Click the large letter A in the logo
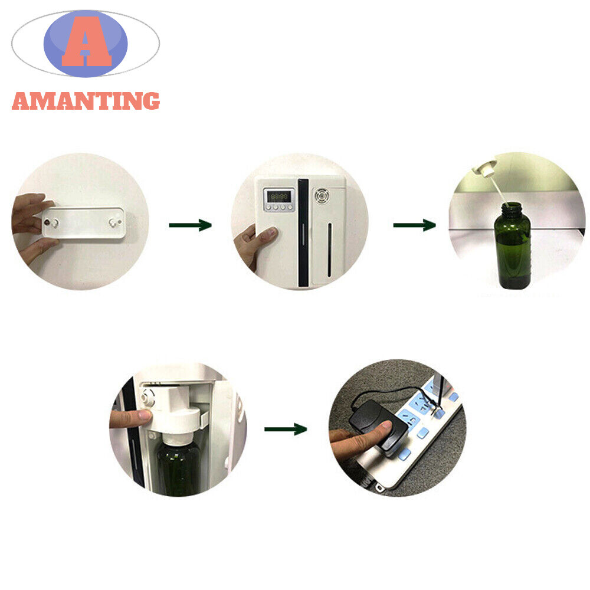tap(87, 41)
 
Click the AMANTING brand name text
tap(86, 101)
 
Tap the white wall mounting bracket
tap(84, 223)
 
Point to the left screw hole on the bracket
tap(54, 224)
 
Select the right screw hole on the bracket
tap(113, 223)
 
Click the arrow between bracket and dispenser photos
tap(191, 225)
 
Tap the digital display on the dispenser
tap(279, 196)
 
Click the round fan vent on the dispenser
tap(322, 196)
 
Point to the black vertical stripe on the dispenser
tap(303, 232)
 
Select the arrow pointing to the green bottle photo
tap(415, 225)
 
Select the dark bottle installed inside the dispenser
tap(179, 467)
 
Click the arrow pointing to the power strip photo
tap(286, 429)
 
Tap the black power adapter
tap(379, 426)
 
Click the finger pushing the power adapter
tap(360, 437)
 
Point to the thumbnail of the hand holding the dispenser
tap(270, 233)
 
